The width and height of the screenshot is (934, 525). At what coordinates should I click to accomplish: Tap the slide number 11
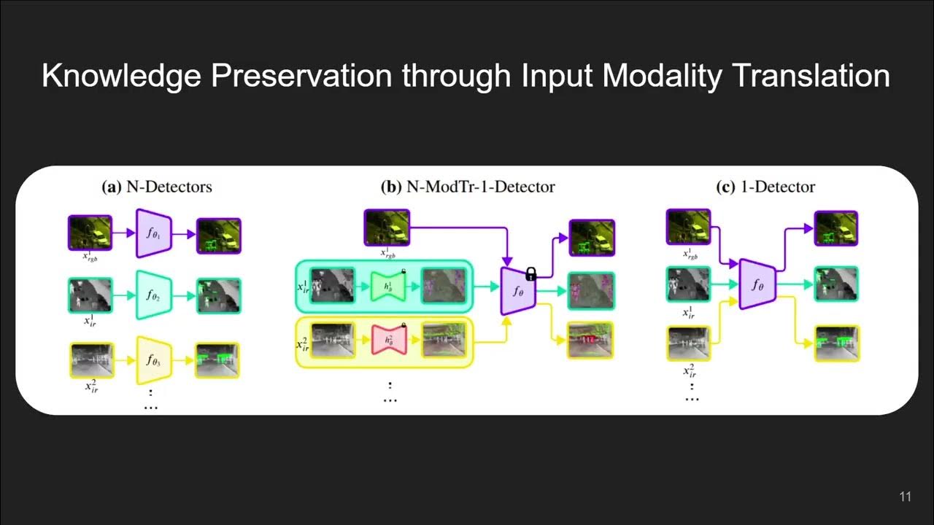905,497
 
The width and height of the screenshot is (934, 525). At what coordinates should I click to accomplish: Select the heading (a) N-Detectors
157,187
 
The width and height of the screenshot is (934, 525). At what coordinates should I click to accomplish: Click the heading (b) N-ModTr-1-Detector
468,187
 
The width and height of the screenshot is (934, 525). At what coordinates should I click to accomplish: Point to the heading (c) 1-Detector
765,187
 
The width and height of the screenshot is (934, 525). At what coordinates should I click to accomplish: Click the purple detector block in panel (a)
153,233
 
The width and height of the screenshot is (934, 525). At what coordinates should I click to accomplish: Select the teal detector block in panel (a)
153,295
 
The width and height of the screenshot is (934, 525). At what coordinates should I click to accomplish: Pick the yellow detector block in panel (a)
153,359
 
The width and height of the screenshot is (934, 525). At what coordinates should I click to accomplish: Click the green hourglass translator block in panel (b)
388,285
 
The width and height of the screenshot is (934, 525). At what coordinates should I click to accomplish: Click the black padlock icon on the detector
531,273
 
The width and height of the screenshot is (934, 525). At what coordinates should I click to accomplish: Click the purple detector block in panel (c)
757,284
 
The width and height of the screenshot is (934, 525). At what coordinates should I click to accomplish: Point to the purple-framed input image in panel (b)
387,227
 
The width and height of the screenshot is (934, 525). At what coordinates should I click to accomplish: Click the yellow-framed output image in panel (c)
836,343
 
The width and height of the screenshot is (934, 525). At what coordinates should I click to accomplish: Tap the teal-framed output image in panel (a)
218,295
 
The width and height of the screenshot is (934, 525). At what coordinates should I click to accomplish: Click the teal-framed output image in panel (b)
592,289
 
